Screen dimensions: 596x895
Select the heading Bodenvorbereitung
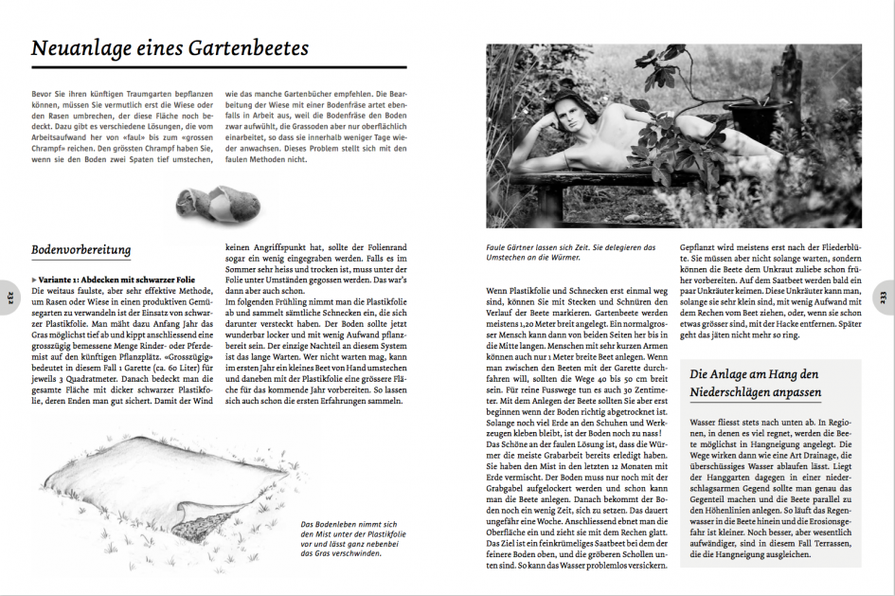click(x=81, y=249)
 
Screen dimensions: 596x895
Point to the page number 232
click(x=11, y=296)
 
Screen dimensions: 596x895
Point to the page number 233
click(x=882, y=296)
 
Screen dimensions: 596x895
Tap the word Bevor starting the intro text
click(x=44, y=95)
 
